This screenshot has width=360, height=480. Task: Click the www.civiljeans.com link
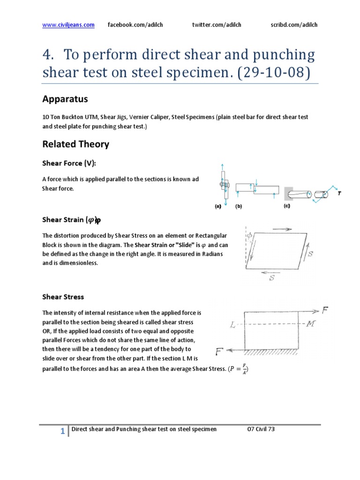pyautogui.click(x=68, y=25)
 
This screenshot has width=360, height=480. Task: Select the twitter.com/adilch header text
pyautogui.click(x=217, y=25)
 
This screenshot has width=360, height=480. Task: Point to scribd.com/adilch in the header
pyautogui.click(x=294, y=25)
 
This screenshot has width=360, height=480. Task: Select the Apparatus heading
pyautogui.click(x=65, y=99)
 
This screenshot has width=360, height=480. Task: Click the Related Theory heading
pyautogui.click(x=75, y=144)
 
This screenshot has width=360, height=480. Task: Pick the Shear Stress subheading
pyautogui.click(x=63, y=297)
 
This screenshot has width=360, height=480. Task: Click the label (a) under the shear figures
pyautogui.click(x=217, y=206)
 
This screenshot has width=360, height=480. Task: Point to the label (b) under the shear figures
pyautogui.click(x=239, y=206)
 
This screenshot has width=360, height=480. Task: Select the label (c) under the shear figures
pyautogui.click(x=287, y=206)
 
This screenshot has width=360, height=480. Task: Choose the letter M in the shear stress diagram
pyautogui.click(x=310, y=325)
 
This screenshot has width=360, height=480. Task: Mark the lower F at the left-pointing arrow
pyautogui.click(x=219, y=351)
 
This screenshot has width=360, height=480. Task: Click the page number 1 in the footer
pyautogui.click(x=62, y=432)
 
